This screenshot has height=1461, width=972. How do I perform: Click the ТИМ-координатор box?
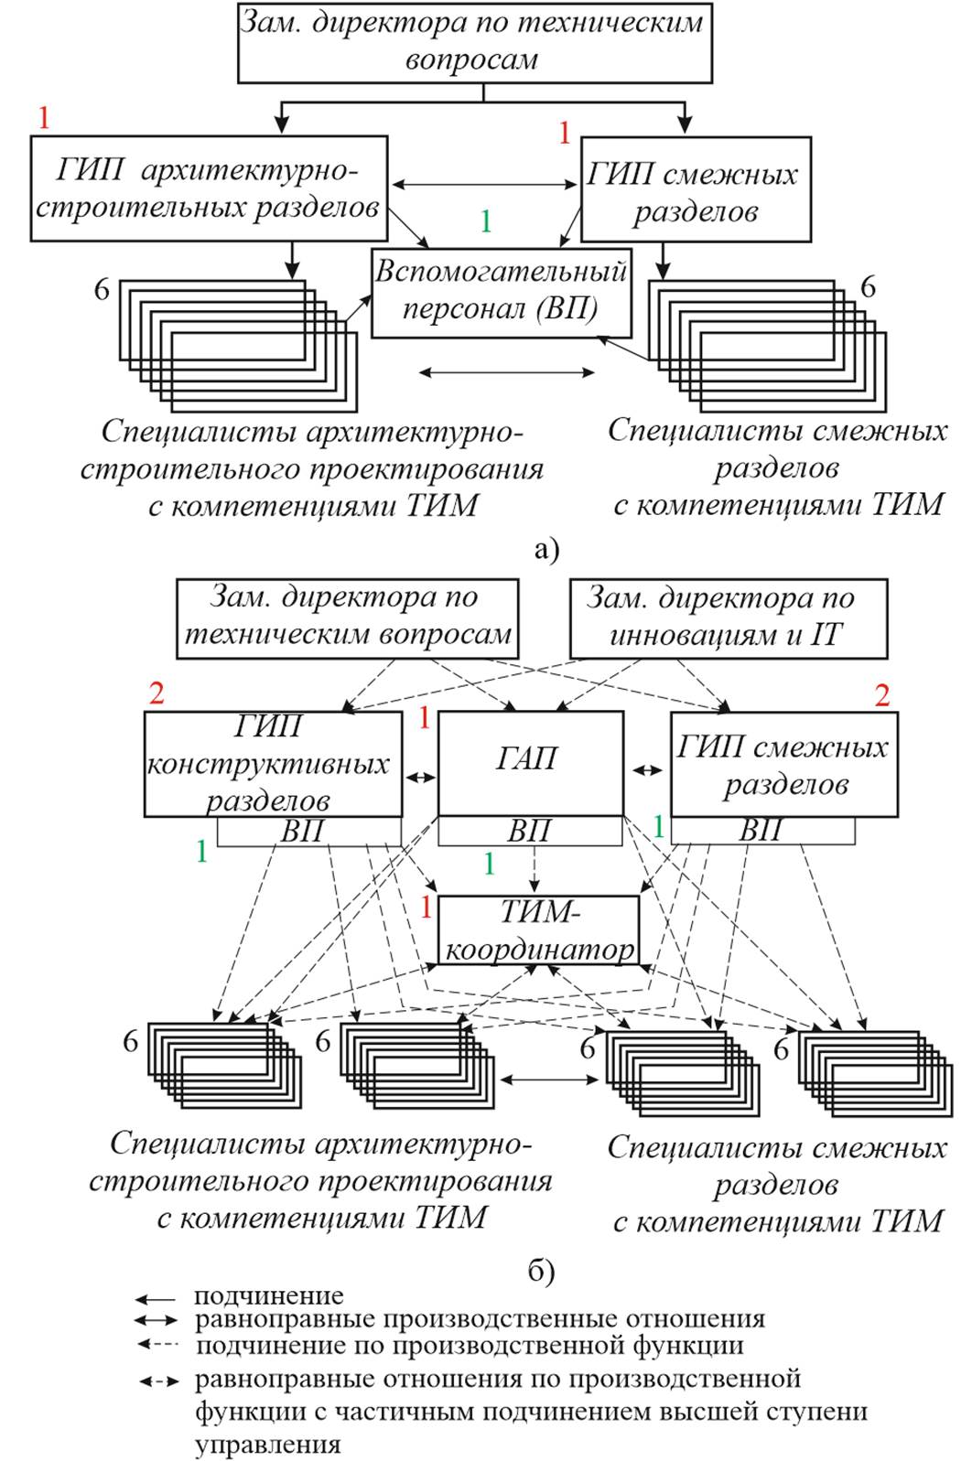pyautogui.click(x=538, y=930)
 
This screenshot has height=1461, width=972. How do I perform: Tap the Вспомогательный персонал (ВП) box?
pyautogui.click(x=501, y=291)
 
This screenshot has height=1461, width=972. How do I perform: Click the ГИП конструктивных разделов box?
pyautogui.click(x=272, y=764)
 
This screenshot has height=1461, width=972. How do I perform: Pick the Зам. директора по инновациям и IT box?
pyautogui.click(x=728, y=618)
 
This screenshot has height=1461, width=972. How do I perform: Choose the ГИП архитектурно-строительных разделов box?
pyautogui.click(x=209, y=188)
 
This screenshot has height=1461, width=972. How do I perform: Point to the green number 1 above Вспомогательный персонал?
pyautogui.click(x=486, y=221)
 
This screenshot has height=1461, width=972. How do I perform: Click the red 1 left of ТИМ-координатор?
pyautogui.click(x=425, y=908)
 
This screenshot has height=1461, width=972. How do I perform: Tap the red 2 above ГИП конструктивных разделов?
pyautogui.click(x=157, y=693)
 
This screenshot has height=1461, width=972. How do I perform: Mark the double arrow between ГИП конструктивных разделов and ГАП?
pyautogui.click(x=420, y=778)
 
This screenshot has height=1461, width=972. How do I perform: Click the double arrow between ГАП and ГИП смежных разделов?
pyautogui.click(x=647, y=770)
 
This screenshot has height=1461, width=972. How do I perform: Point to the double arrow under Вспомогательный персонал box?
pyautogui.click(x=506, y=372)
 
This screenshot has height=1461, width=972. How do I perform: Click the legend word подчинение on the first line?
pyautogui.click(x=268, y=1295)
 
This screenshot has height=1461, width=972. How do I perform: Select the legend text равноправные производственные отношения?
pyautogui.click(x=480, y=1319)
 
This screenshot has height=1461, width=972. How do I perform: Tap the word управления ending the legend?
pyautogui.click(x=267, y=1445)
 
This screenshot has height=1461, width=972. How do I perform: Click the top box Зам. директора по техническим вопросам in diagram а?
pyautogui.click(x=474, y=42)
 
